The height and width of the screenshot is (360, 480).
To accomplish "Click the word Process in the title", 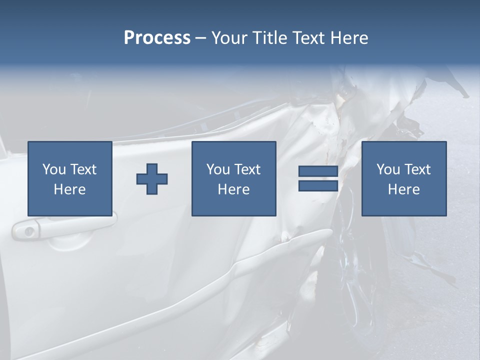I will (157, 38).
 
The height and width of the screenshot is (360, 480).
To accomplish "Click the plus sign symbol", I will (152, 179).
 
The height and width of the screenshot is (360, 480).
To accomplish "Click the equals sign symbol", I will (318, 178).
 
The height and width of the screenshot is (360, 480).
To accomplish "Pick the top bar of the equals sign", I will (318, 171).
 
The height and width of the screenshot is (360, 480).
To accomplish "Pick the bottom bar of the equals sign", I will (318, 186).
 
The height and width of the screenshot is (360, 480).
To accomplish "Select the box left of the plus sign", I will (69, 178).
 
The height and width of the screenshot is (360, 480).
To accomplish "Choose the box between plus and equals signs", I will (233, 178).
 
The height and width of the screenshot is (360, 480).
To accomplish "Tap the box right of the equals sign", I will (403, 178).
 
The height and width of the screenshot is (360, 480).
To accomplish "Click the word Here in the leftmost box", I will (69, 189).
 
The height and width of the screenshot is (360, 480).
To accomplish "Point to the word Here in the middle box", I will (233, 189).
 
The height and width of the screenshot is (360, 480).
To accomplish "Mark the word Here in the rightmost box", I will (403, 189).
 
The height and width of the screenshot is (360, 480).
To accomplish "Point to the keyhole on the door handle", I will (29, 231).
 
